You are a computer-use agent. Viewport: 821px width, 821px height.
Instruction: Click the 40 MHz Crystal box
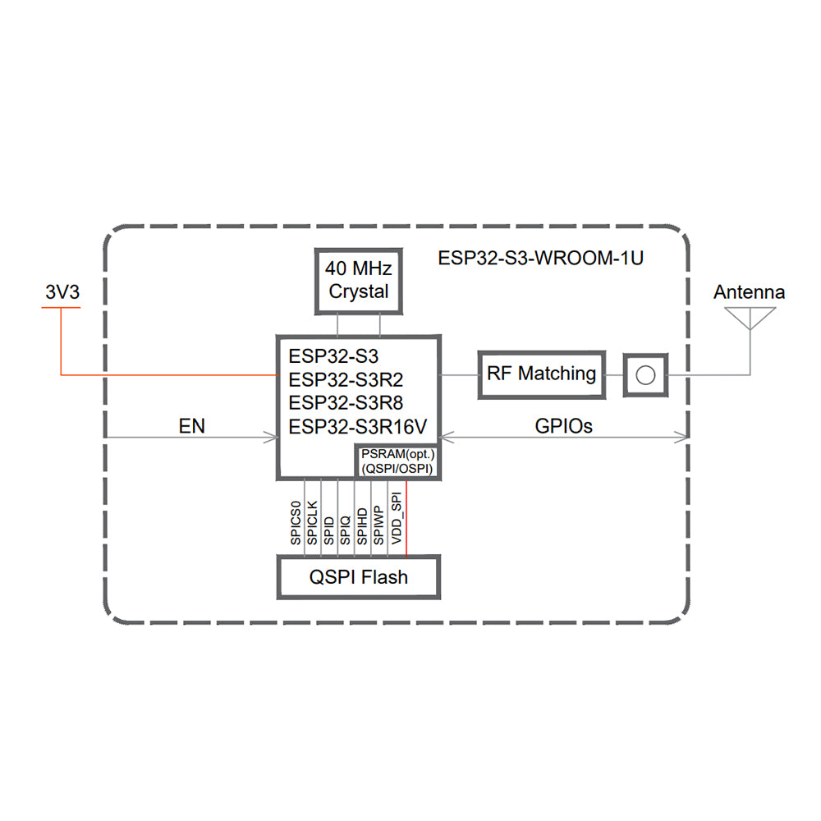tap(359, 280)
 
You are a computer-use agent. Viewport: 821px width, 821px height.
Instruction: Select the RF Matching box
tap(541, 374)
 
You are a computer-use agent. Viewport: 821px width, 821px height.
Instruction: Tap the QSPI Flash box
tap(359, 576)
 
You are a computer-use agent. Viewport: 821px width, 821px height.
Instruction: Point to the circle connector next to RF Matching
tap(646, 375)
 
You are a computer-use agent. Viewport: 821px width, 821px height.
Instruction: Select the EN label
tap(191, 426)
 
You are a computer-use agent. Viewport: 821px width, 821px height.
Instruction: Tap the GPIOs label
tap(563, 426)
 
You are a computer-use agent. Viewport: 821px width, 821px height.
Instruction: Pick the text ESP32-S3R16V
tap(359, 426)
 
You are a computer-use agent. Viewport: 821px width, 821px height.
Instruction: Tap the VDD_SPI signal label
tap(396, 521)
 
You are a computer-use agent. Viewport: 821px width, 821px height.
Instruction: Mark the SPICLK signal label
tap(312, 523)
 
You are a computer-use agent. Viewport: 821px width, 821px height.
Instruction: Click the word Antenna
tap(749, 291)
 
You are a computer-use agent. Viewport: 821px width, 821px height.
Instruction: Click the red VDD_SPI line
tap(406, 517)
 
